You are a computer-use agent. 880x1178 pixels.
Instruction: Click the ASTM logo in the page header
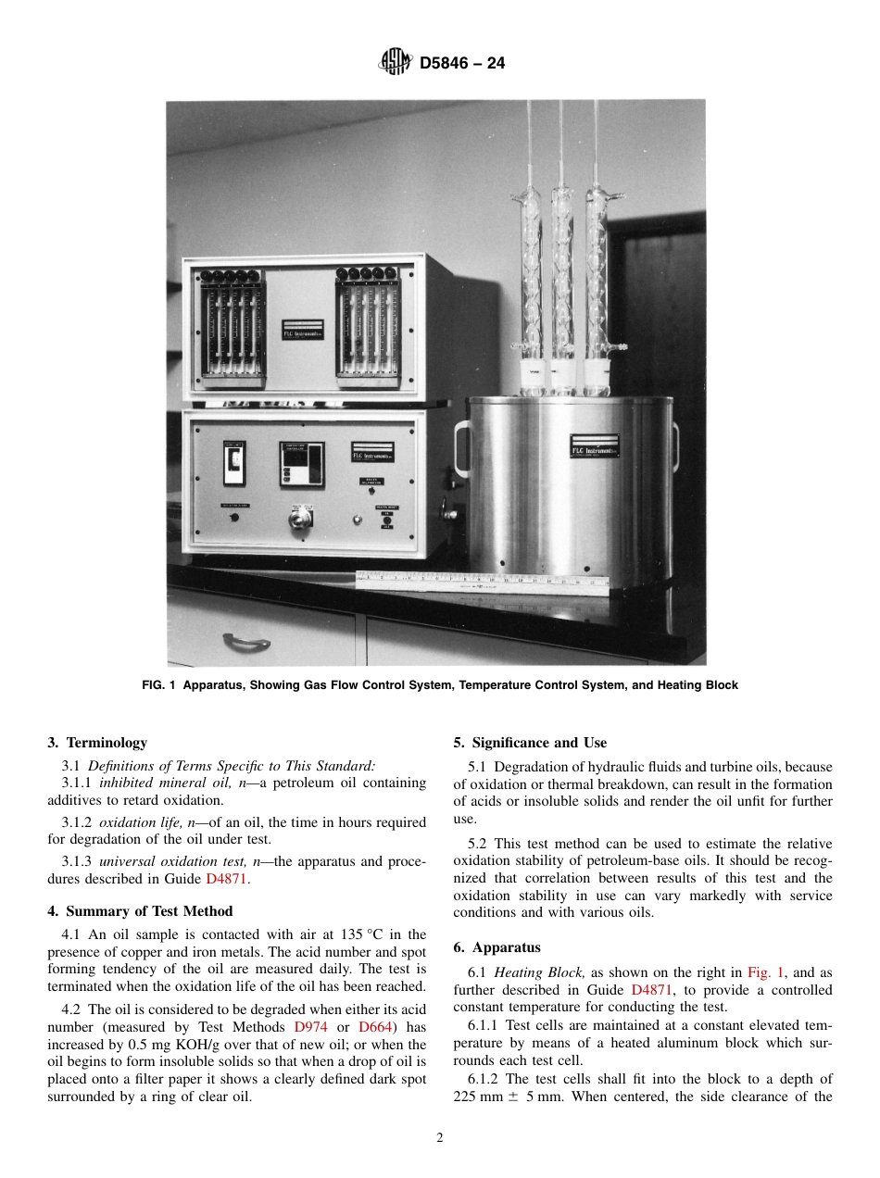[x=396, y=63]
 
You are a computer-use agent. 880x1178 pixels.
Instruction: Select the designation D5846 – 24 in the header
[x=462, y=64]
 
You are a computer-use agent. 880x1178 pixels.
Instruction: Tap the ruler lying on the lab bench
[x=482, y=581]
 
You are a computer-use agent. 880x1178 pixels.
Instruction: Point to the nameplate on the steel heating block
[x=594, y=445]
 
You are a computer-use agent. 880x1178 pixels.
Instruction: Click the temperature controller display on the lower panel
[x=302, y=463]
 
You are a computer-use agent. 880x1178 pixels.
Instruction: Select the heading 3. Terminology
[x=97, y=743]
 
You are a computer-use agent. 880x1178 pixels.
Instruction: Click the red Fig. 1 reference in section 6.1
[x=765, y=972]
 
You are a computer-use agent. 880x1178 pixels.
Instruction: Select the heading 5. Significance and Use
[x=530, y=743]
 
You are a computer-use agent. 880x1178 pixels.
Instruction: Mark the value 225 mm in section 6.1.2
[x=480, y=1096]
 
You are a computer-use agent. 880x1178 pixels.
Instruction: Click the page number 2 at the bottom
[x=440, y=1138]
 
